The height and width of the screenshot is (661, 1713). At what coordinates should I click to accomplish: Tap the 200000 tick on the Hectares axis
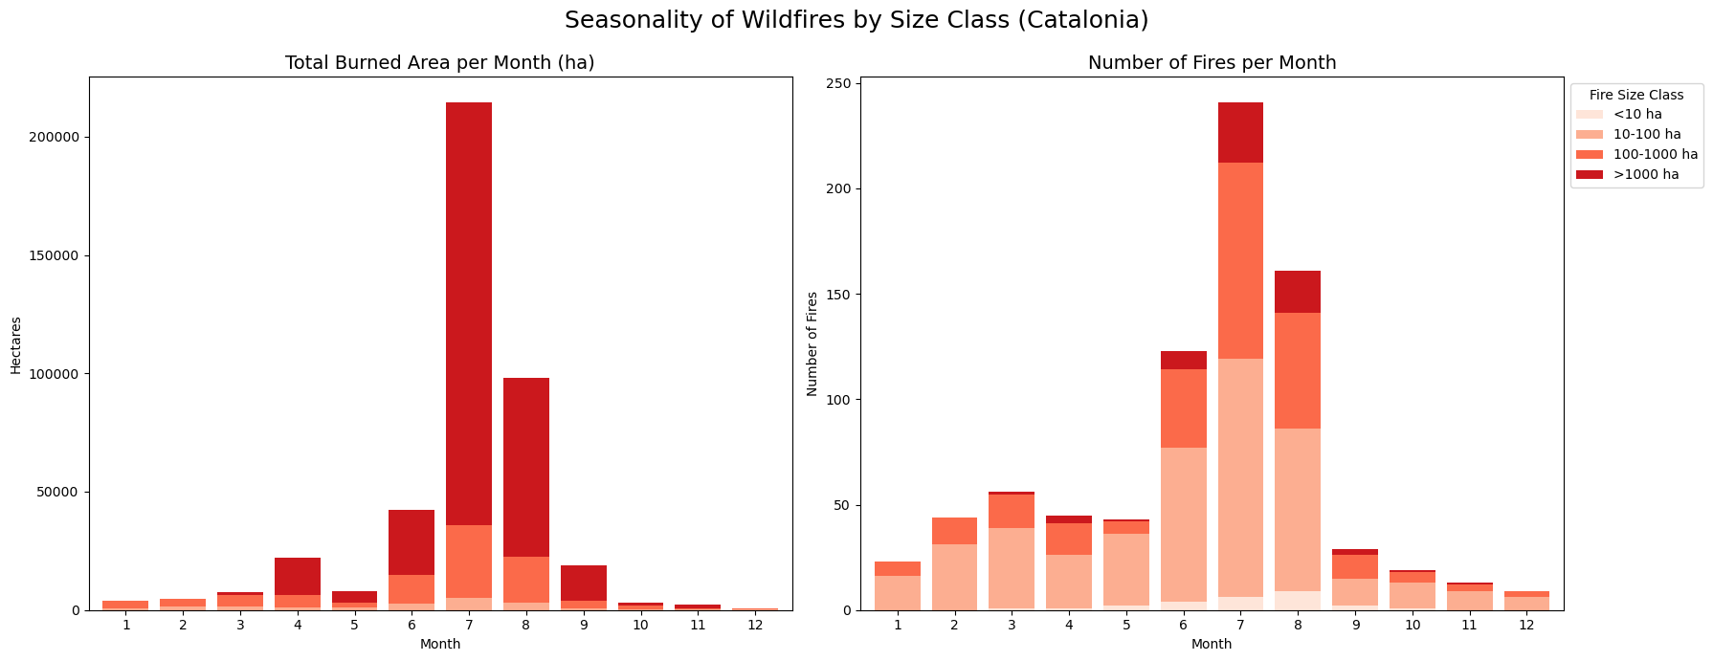coord(58,137)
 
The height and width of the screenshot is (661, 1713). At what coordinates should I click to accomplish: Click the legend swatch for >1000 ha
coord(1591,175)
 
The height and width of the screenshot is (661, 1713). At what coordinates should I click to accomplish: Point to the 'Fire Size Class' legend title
coord(1636,96)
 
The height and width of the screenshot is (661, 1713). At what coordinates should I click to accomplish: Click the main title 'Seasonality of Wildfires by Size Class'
coord(856,20)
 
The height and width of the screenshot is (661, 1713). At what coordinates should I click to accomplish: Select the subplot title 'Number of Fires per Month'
coord(1212,63)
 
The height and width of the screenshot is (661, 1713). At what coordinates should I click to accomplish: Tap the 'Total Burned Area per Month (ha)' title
coord(440,63)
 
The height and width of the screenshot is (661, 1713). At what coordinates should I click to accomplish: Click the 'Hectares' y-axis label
coord(16,344)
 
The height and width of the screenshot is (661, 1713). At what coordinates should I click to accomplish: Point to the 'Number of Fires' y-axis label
coord(812,344)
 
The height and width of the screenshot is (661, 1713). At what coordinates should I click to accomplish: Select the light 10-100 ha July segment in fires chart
coord(1240,478)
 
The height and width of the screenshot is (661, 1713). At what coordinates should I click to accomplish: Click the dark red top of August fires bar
coord(1298,292)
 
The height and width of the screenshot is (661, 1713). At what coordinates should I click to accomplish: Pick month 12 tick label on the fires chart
coord(1526,626)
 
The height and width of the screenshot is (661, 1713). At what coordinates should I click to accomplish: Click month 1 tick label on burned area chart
coord(125,626)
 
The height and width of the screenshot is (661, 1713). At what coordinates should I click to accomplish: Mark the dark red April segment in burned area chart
coord(298,576)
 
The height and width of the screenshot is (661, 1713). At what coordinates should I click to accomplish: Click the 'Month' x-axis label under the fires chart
coord(1212,645)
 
